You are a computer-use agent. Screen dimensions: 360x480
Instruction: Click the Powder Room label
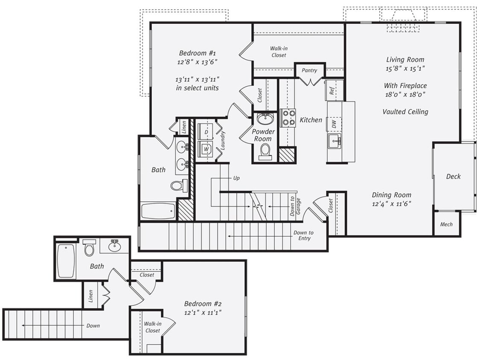[x=263, y=135]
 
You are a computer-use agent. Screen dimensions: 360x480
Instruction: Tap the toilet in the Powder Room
[x=265, y=151]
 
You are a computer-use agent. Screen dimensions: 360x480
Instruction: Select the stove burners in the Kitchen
[x=288, y=118]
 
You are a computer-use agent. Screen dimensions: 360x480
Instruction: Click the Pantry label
[x=309, y=70]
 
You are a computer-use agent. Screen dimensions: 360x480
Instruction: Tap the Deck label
[x=453, y=176]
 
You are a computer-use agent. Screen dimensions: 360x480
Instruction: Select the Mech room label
[x=446, y=225]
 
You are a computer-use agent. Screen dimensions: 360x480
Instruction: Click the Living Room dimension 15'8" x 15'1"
[x=405, y=68]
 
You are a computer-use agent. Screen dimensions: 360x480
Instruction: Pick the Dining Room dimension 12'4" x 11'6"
[x=391, y=204]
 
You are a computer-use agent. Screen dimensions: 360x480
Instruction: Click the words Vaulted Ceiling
[x=405, y=112]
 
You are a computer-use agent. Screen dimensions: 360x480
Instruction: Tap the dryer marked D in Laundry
[x=207, y=133]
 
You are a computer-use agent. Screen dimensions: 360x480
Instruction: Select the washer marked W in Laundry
[x=207, y=149]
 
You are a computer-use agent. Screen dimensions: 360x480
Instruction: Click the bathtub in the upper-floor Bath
[x=158, y=211]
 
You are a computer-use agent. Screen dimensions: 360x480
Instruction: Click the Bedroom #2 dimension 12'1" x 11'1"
[x=203, y=313]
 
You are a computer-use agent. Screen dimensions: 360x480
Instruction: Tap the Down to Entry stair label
[x=303, y=235]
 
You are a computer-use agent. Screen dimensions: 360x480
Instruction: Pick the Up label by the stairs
[x=236, y=177]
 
